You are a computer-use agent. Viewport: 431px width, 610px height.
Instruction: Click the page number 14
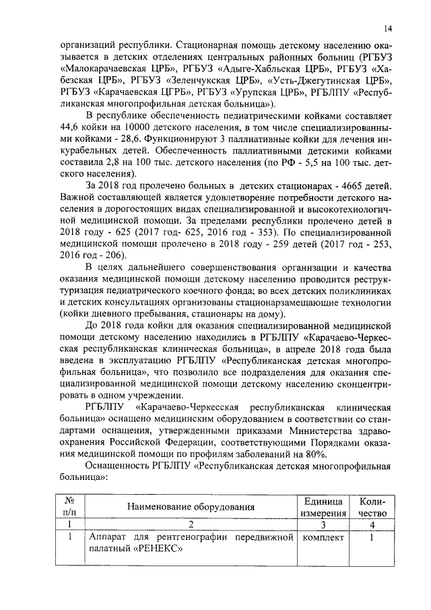[x=389, y=28]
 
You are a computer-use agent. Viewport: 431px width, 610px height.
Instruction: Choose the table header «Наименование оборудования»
[x=193, y=507]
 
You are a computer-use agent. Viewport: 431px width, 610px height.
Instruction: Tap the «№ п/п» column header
[x=69, y=507]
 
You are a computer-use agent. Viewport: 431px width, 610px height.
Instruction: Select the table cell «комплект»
[x=323, y=538]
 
